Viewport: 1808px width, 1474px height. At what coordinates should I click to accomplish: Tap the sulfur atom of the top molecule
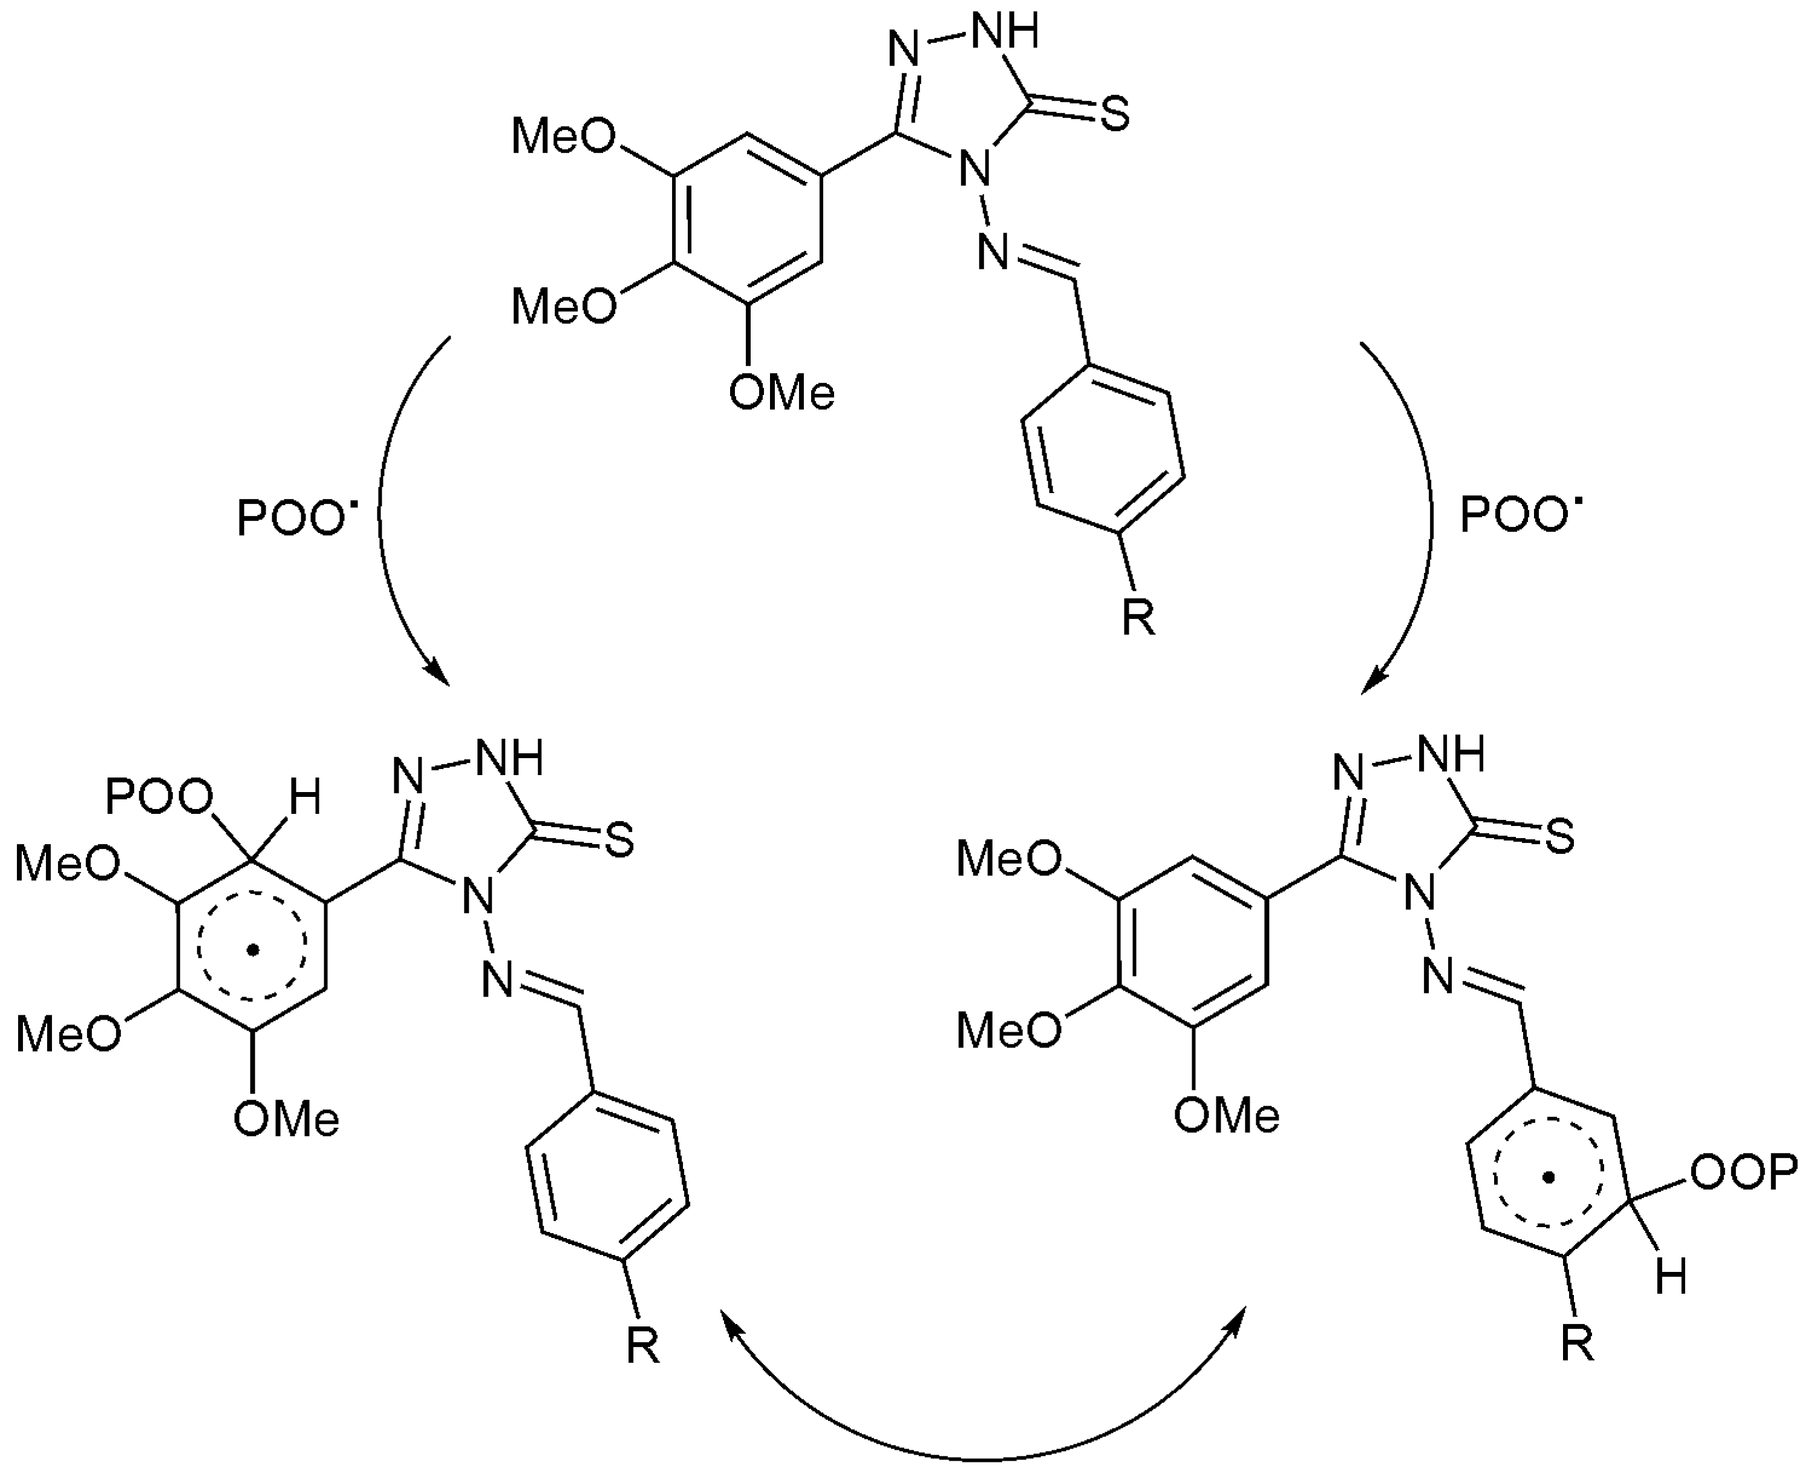pos(1115,114)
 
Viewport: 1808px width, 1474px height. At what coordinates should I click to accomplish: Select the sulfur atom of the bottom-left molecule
pos(619,840)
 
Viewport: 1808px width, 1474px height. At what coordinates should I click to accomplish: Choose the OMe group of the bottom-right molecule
pos(1227,1116)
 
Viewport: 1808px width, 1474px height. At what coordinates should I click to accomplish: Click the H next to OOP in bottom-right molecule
pos(1671,1278)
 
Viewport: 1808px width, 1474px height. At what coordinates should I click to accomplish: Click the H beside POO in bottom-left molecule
pos(305,799)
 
